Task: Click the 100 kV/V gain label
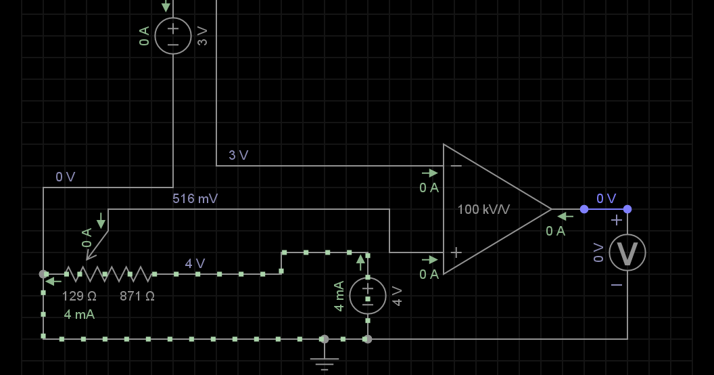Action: pyautogui.click(x=483, y=210)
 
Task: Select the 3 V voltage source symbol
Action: pyautogui.click(x=173, y=36)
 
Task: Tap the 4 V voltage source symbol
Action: pyautogui.click(x=368, y=296)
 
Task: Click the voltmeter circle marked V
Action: pyautogui.click(x=627, y=252)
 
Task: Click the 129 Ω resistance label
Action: pyautogui.click(x=79, y=296)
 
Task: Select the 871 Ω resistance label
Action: pyautogui.click(x=137, y=296)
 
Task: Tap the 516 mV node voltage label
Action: pyautogui.click(x=195, y=198)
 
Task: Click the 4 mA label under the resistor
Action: pyautogui.click(x=79, y=314)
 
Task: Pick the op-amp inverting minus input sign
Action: pyautogui.click(x=456, y=166)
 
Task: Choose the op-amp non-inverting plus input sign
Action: pyautogui.click(x=456, y=252)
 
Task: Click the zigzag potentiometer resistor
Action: pyautogui.click(x=108, y=274)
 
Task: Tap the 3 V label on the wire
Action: pyautogui.click(x=238, y=156)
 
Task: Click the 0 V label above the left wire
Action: pyautogui.click(x=65, y=177)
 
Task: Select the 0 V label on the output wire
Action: pyautogui.click(x=606, y=198)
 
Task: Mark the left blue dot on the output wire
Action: pyautogui.click(x=584, y=209)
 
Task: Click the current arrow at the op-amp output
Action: pyautogui.click(x=565, y=217)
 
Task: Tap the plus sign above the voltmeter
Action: pyautogui.click(x=617, y=221)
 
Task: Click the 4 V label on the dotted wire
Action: pyautogui.click(x=195, y=263)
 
